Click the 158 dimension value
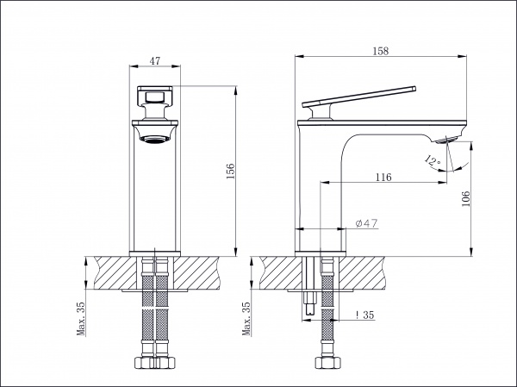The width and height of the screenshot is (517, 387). point(381,51)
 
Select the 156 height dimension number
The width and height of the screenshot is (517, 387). point(230,171)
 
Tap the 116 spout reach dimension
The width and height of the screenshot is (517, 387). point(383,178)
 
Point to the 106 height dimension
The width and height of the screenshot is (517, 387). point(465,198)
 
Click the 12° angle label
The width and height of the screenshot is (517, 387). point(433,161)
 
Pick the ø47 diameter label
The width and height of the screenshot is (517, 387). point(367,223)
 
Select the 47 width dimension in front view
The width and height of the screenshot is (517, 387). point(154,61)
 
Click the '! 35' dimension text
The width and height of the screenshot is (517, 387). point(365,315)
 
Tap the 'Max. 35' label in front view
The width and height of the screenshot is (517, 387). point(81,319)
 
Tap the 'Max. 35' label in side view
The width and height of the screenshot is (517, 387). point(246,319)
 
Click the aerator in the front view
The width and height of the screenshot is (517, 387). point(155,140)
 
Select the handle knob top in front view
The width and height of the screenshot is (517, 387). point(155,96)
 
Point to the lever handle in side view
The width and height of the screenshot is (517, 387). point(359,97)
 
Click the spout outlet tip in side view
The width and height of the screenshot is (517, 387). point(445,140)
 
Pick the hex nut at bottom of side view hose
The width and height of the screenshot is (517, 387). point(327,363)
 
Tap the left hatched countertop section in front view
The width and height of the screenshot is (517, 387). point(115,273)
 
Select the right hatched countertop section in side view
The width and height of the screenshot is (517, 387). point(363,273)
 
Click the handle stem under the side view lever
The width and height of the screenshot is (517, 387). point(321,112)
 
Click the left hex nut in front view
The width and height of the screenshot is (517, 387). point(144,363)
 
